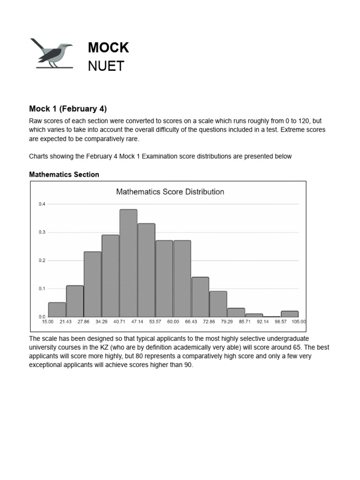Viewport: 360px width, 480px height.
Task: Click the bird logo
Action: [x=52, y=53]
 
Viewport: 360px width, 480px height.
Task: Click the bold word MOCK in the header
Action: [x=108, y=48]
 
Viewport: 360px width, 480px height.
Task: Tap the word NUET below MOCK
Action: [x=106, y=67]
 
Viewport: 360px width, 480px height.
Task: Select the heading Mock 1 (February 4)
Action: [x=68, y=109]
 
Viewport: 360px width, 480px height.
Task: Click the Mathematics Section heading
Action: [x=64, y=174]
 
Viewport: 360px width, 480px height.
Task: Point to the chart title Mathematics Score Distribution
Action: [x=170, y=192]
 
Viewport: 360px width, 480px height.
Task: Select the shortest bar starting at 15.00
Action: [x=57, y=310]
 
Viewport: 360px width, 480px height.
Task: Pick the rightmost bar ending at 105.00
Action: [x=290, y=314]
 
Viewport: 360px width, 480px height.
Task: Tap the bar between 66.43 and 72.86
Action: [x=200, y=297]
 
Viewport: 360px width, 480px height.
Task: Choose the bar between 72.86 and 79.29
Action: [x=218, y=304]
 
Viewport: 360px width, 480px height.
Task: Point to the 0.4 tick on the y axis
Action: [x=42, y=204]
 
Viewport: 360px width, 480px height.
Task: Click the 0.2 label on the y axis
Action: [x=42, y=260]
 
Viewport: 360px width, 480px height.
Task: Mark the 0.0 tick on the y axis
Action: [x=42, y=317]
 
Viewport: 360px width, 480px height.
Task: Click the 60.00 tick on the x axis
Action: [x=173, y=322]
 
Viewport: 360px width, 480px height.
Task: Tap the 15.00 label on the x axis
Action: [x=48, y=322]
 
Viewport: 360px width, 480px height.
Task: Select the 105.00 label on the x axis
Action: [x=299, y=322]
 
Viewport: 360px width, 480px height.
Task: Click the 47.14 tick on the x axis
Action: [x=137, y=322]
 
